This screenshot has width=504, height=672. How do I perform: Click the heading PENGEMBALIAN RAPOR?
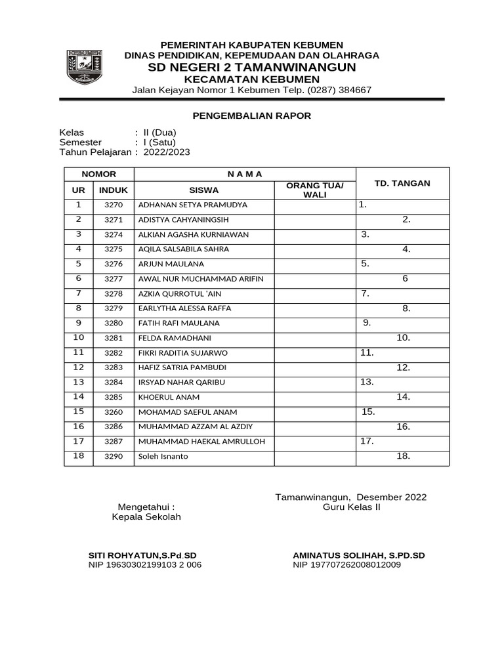pos(252,116)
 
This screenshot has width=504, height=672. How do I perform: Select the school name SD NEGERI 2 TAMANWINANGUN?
pos(252,68)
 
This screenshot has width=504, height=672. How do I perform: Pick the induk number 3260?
pos(114,412)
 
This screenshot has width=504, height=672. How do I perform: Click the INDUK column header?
pos(114,190)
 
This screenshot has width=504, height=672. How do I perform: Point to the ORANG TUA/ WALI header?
pos(315,190)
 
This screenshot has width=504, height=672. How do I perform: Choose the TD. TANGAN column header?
pos(402,183)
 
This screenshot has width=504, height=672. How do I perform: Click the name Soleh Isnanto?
pos(163,457)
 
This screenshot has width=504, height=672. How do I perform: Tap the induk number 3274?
pos(114,234)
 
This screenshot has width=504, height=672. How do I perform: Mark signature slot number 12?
pos(403,367)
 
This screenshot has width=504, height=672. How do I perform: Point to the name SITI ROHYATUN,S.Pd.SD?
pos(142,555)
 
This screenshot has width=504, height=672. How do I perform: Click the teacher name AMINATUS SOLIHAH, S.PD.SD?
pos(359,555)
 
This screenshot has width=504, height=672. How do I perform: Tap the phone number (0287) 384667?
pos(335,90)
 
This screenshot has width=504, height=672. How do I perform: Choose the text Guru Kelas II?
pos(351,507)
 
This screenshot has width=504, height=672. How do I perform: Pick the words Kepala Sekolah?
pos(146,516)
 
